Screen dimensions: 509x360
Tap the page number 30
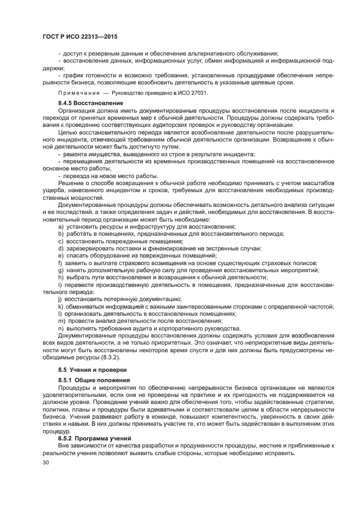[46, 463]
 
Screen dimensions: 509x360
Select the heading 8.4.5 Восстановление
[90, 103]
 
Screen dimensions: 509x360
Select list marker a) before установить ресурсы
[60, 226]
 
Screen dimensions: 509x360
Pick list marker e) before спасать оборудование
[60, 255]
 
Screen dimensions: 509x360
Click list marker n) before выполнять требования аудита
[60, 328]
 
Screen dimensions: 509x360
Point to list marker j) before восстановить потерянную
[60, 299]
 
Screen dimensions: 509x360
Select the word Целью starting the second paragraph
[69, 132]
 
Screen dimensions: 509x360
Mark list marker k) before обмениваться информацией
[60, 306]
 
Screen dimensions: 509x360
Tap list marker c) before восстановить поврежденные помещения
[60, 241]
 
